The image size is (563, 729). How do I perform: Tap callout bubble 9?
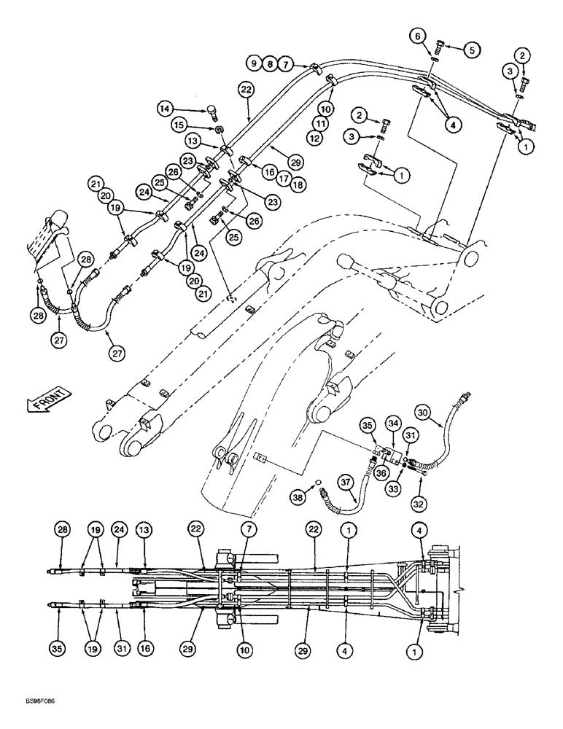coord(255,65)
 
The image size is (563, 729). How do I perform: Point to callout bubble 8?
coord(269,65)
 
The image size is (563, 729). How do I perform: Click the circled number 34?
coord(394,424)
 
